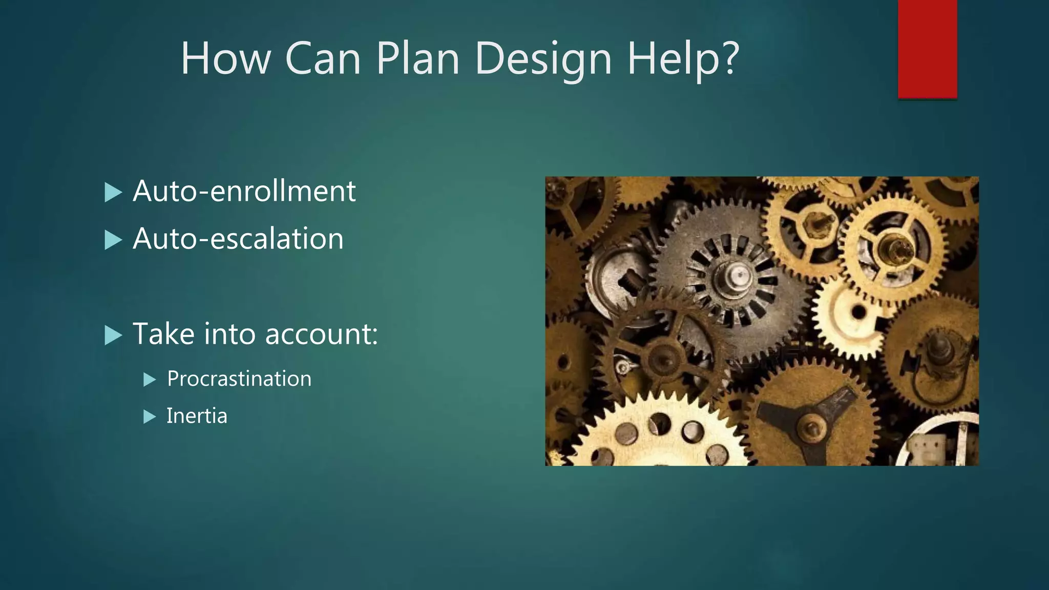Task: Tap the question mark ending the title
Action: point(727,57)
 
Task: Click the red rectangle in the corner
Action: point(927,49)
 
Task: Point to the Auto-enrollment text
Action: point(244,191)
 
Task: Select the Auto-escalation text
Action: point(238,239)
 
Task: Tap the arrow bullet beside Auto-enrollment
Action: point(113,193)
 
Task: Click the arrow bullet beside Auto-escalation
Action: point(113,240)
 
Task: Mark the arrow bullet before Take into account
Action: point(113,336)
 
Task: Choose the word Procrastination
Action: point(239,379)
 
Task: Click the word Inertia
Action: point(197,416)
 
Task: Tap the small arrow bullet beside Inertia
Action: point(149,417)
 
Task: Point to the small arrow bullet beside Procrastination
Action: point(149,380)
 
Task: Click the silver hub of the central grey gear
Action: point(738,277)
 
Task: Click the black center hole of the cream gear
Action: point(858,312)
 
